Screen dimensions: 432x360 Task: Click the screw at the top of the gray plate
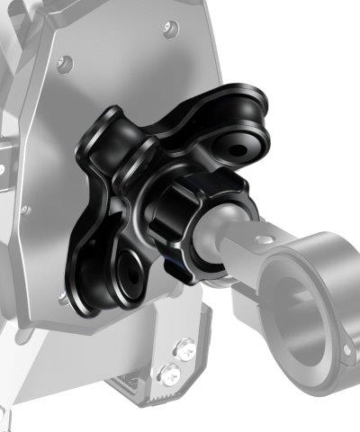(170, 30)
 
